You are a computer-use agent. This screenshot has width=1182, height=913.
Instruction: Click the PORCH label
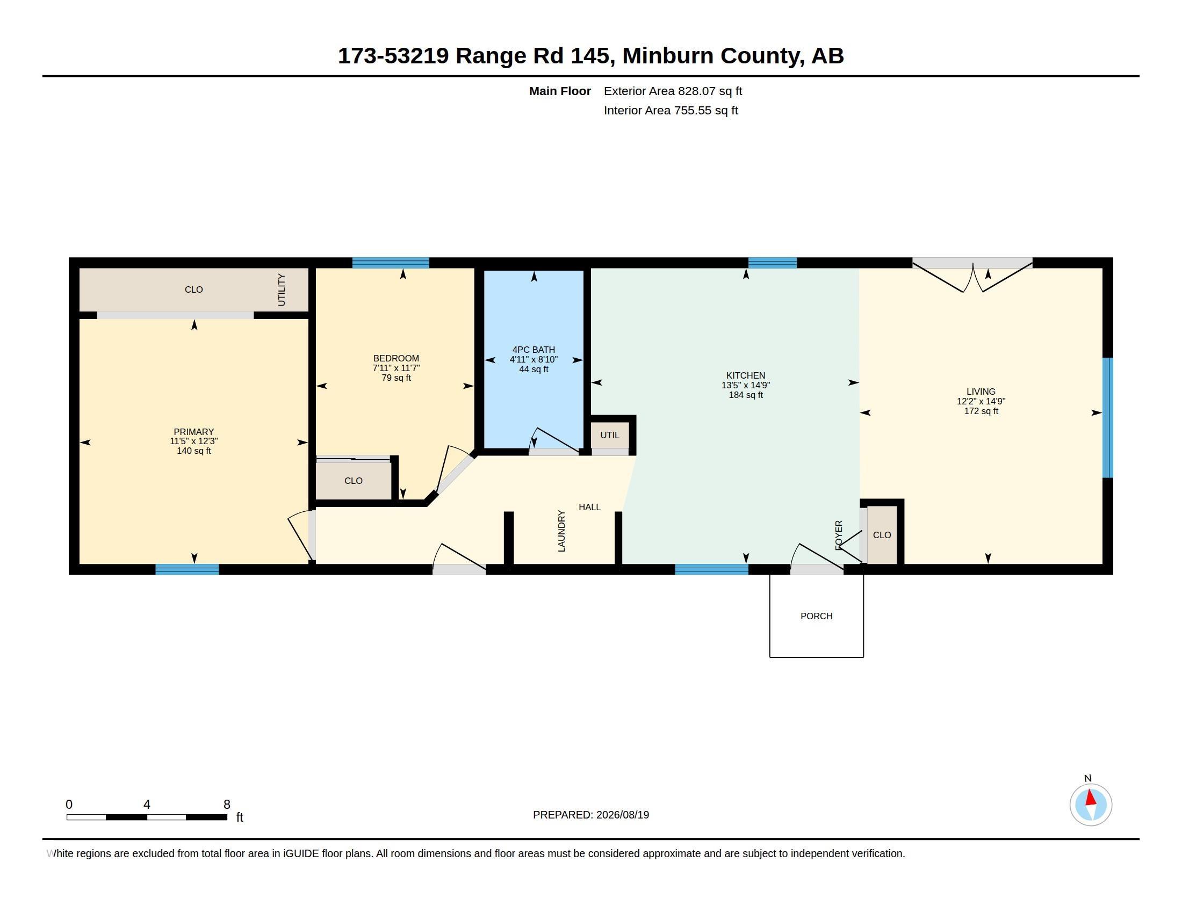[x=816, y=616]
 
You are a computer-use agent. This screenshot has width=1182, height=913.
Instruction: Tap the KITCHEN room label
[x=745, y=375]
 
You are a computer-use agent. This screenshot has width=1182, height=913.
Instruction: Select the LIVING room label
[x=981, y=392]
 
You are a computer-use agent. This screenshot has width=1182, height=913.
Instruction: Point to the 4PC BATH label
[x=534, y=350]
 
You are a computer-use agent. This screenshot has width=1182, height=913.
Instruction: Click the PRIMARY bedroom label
[x=194, y=432]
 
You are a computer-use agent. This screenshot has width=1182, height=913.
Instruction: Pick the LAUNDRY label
[x=561, y=531]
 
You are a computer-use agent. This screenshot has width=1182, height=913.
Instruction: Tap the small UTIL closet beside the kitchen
[x=610, y=436]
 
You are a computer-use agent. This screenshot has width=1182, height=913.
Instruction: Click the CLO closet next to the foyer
[x=882, y=535]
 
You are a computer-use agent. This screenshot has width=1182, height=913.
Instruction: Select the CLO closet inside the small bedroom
[x=354, y=480]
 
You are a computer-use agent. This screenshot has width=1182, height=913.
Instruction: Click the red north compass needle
[x=1091, y=798]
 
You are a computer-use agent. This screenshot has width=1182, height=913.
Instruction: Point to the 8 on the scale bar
[x=227, y=805]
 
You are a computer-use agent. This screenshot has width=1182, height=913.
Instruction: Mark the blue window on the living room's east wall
[x=1108, y=417]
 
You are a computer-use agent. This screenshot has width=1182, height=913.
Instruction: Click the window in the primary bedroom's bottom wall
[x=188, y=569]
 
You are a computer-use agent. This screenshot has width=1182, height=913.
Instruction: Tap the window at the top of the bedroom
[x=391, y=263]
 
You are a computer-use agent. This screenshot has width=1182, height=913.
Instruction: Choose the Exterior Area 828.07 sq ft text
[x=673, y=91]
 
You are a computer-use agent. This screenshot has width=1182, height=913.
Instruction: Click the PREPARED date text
[x=591, y=815]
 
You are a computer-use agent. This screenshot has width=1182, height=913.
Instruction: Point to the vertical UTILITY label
[x=282, y=290]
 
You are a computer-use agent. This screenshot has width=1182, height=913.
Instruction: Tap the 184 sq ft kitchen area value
[x=746, y=395]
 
